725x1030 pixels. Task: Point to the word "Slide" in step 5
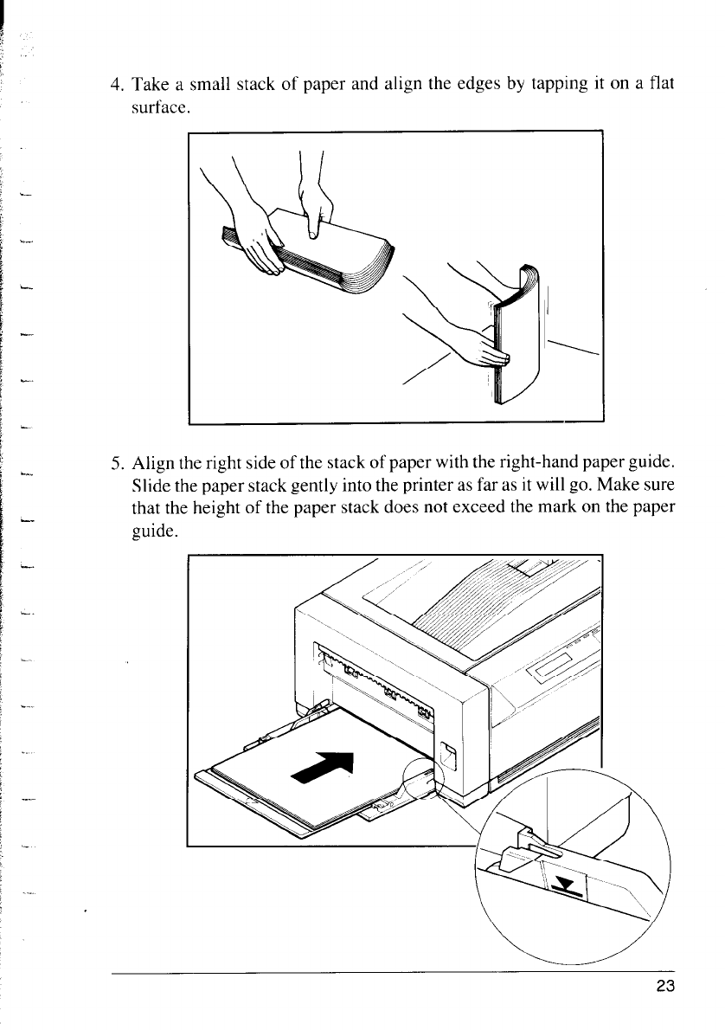click(144, 482)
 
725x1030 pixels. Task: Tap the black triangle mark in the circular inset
click(566, 884)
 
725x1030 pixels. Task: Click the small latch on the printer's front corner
click(448, 754)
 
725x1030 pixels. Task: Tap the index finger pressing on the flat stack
click(314, 221)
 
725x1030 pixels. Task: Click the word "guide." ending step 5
click(153, 531)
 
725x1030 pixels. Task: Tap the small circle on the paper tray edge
click(424, 782)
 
